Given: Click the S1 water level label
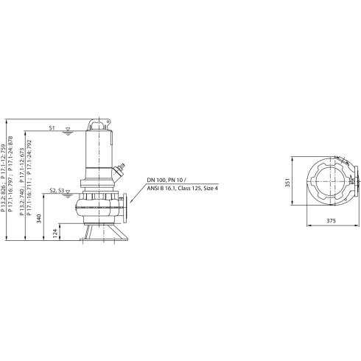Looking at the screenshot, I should pos(52,128).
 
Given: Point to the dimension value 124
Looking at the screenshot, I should pos(55,234).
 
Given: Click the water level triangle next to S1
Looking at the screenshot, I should pos(68,130).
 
